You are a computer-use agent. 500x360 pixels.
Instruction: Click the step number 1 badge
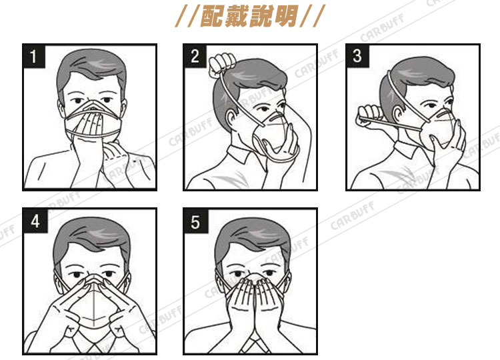tap(34, 56)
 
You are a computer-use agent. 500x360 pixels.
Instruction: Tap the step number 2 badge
tap(195, 56)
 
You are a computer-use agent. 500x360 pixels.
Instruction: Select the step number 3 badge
tap(357, 56)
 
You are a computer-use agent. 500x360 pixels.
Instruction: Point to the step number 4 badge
tap(35, 221)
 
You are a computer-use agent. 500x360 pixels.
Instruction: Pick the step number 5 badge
tap(196, 221)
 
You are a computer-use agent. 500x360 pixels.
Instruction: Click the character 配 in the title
tap(212, 15)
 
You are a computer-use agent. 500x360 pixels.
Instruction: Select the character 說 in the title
tap(261, 15)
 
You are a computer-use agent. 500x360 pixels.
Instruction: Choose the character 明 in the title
tap(286, 15)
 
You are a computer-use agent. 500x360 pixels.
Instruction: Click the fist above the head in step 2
tap(221, 65)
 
